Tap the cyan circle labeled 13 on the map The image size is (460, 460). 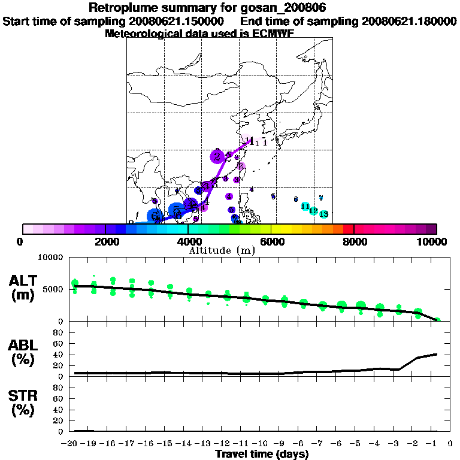coord(323,214)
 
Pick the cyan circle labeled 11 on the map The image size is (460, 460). coord(305,207)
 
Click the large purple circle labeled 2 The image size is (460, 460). coord(217,157)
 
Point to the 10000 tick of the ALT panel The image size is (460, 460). coord(50,258)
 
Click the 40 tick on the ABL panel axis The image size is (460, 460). coord(59,355)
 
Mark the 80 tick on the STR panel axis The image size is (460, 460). coord(59,388)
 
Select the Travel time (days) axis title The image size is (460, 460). coord(262,454)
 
